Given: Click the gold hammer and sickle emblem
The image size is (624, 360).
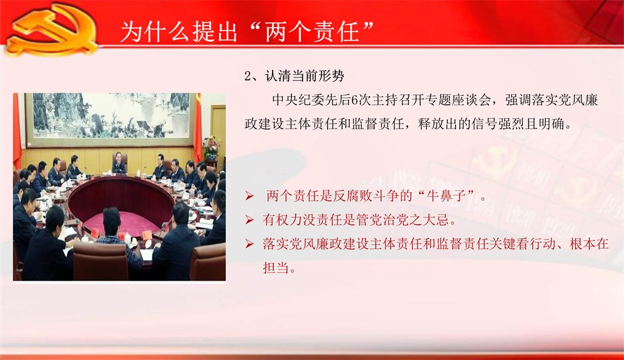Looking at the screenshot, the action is point(52,30).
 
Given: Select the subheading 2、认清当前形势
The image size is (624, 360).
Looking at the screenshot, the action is point(294,75).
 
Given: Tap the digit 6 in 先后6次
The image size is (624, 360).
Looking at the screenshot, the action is point(354,100).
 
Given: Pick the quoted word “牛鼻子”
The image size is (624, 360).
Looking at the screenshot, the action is point(446,196).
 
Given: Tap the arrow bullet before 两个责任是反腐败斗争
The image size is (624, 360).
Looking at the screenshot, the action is point(250,196).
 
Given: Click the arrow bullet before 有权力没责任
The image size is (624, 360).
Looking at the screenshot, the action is point(250,220).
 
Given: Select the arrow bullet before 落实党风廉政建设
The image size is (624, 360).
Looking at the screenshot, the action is point(250,243).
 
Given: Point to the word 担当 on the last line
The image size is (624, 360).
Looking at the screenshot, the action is point(276,268).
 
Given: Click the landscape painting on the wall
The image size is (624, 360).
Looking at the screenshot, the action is point(111,116).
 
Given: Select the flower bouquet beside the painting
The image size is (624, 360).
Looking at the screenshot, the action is point(212,147).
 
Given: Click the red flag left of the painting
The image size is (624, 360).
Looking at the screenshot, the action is point(17,131).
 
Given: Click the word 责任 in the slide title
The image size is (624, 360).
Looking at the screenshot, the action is point(336,31).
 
